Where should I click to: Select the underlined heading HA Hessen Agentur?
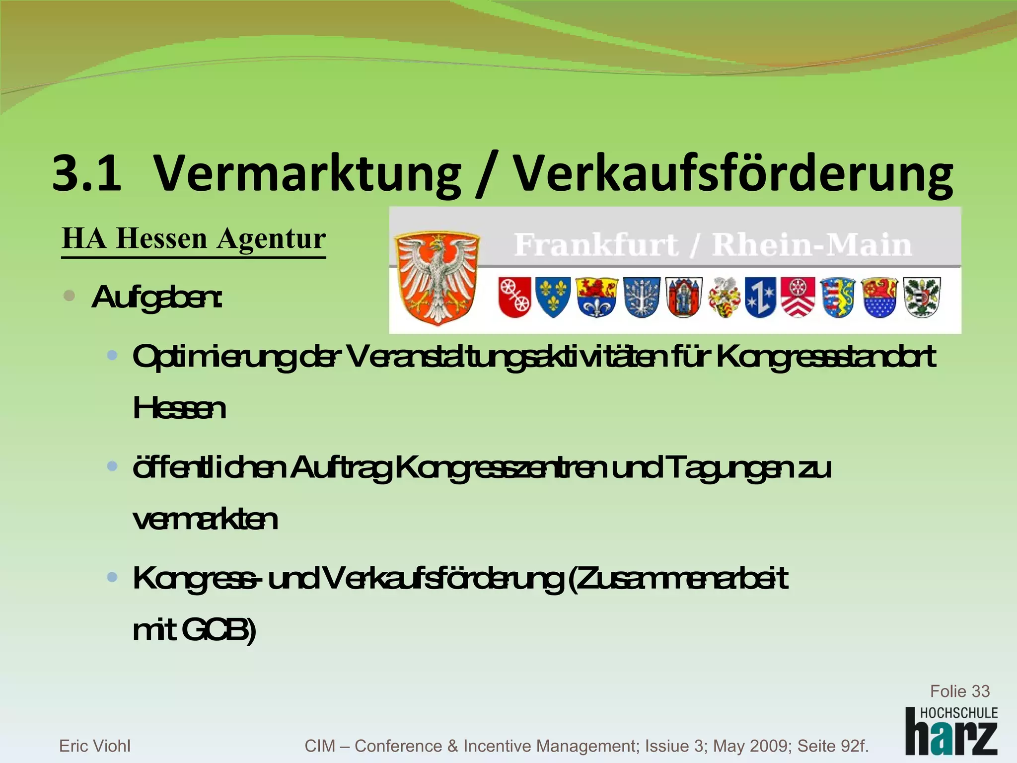tap(194, 239)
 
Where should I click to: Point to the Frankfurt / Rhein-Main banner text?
tap(713, 245)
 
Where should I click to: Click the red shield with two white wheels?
tap(514, 297)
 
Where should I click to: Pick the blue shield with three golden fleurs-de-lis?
tap(553, 297)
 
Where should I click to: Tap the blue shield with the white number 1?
tap(760, 297)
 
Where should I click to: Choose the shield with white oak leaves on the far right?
tap(922, 297)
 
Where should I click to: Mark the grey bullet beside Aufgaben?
tap(70, 297)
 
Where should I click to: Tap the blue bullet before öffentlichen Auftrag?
tap(112, 466)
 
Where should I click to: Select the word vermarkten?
tap(205, 520)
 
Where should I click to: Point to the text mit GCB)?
tap(194, 630)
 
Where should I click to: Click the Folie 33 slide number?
tap(959, 691)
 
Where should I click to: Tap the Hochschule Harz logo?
tap(951, 731)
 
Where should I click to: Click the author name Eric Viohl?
tap(95, 746)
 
